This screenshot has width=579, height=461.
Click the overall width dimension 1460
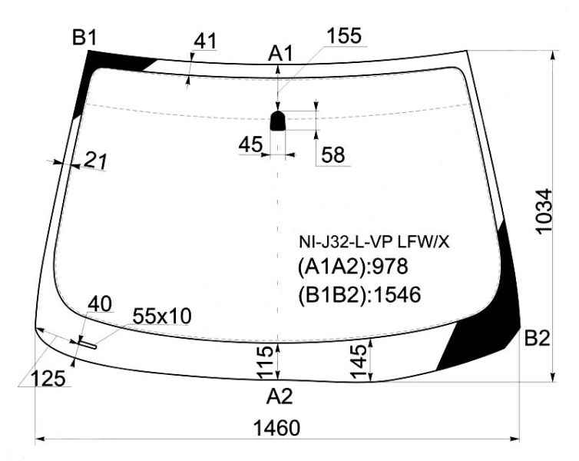(x=276, y=429)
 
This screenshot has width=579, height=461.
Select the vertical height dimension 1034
(x=544, y=211)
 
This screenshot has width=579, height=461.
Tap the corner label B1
(x=84, y=38)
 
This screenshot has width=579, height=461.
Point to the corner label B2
(x=538, y=337)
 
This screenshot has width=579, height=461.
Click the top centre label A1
(x=280, y=53)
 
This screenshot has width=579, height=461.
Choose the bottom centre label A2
(x=280, y=396)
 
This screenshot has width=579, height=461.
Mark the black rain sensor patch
(x=278, y=121)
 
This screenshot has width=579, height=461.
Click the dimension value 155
(x=344, y=36)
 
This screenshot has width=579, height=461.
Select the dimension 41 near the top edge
(x=205, y=41)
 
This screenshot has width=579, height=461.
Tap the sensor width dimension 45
(x=250, y=144)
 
